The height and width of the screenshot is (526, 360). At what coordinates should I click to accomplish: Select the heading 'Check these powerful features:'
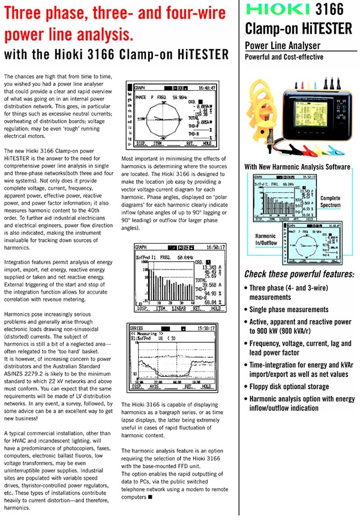coord(299,274)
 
